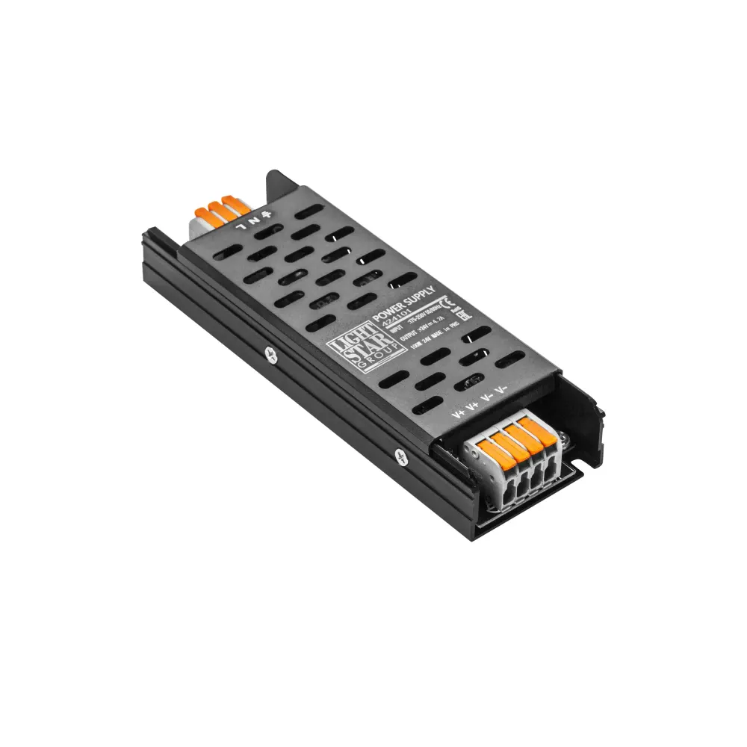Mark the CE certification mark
pyautogui.click(x=444, y=303)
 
